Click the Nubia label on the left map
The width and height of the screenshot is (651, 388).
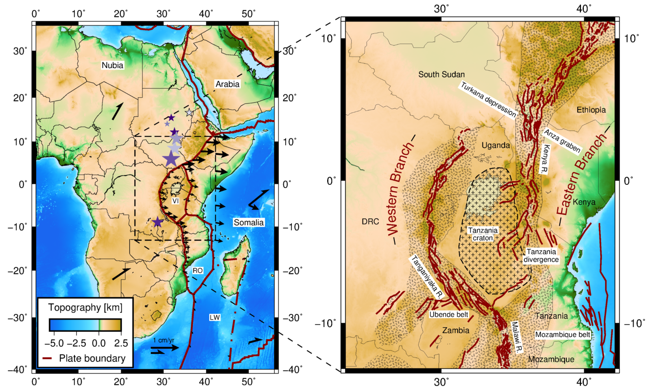112,65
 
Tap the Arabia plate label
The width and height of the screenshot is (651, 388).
227,84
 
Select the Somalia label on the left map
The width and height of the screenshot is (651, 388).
248,222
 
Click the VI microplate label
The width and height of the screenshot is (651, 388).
175,201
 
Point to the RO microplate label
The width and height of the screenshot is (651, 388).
198,270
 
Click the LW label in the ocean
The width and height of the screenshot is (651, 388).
214,317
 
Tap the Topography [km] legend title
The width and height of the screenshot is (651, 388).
85,307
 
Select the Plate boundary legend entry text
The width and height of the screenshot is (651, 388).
92,358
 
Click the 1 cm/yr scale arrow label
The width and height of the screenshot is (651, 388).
164,340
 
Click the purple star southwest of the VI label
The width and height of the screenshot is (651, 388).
158,222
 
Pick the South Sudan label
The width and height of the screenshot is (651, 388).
441,75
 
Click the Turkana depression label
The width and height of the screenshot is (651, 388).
488,100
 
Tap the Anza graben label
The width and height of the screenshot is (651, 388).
562,141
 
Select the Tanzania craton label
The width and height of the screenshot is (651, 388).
483,234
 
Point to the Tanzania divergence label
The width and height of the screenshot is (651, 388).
541,256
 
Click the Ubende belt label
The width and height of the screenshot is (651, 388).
449,314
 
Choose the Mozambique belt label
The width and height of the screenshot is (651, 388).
562,335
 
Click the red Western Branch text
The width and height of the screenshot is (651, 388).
400,189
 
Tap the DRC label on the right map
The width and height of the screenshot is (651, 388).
370,221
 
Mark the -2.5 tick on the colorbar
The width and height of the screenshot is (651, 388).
76,343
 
